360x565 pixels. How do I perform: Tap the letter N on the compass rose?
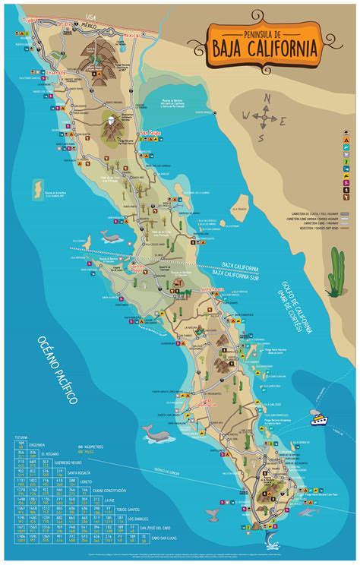266,98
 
